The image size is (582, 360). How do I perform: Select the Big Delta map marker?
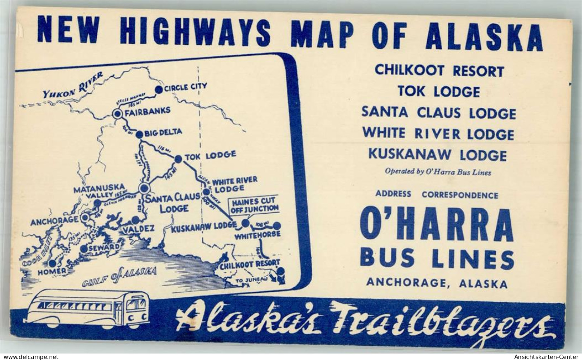[139, 134]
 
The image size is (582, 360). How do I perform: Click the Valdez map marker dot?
[136, 220]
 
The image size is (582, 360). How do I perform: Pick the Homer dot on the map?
[52, 263]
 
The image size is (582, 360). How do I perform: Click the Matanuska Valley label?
[99, 190]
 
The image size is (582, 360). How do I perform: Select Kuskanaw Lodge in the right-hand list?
[437, 155]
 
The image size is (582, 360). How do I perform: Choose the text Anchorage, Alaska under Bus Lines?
[437, 284]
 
